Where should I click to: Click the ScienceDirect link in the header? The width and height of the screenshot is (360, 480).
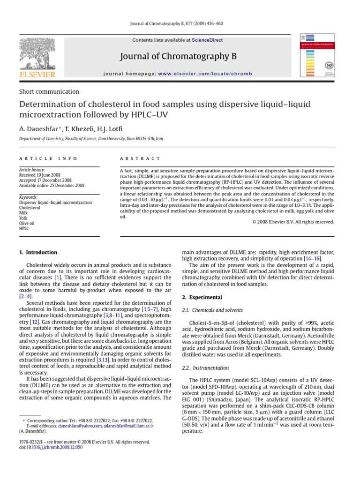(x=207, y=40)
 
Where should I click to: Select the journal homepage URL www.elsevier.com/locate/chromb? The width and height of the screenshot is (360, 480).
(x=205, y=74)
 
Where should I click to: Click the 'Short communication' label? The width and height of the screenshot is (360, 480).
(x=49, y=92)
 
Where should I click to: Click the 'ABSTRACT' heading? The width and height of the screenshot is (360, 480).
(x=140, y=159)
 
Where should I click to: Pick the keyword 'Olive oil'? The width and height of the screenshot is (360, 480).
(x=27, y=224)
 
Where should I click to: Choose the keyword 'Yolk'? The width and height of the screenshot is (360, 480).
(x=23, y=218)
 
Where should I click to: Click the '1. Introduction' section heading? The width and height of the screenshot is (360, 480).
(x=38, y=252)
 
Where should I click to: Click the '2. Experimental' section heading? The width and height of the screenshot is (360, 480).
(x=202, y=297)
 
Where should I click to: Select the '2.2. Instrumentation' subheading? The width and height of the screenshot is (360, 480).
(x=205, y=368)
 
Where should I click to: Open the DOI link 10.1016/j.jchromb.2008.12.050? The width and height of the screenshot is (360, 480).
(x=54, y=447)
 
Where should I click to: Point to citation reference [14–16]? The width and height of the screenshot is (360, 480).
(x=312, y=258)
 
